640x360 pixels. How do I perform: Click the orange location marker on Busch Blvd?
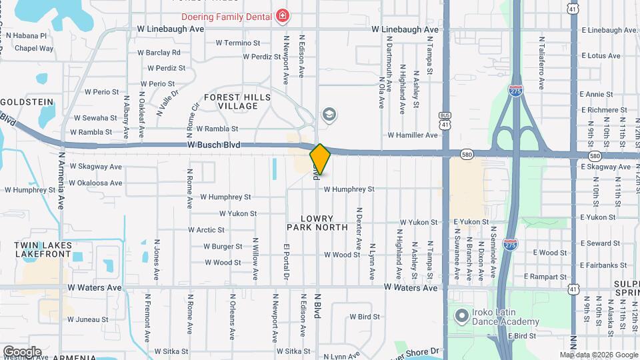click(x=320, y=159)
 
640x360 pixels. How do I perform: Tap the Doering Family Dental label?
click(x=227, y=15)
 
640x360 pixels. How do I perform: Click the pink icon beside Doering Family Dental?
click(x=284, y=15)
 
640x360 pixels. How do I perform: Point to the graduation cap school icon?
click(x=328, y=115)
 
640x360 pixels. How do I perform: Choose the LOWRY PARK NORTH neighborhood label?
click(x=317, y=223)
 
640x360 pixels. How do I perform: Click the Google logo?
click(x=21, y=351)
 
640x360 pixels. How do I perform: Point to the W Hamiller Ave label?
click(x=414, y=135)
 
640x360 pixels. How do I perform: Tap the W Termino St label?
click(x=237, y=43)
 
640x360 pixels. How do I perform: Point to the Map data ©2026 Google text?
click(x=598, y=355)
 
